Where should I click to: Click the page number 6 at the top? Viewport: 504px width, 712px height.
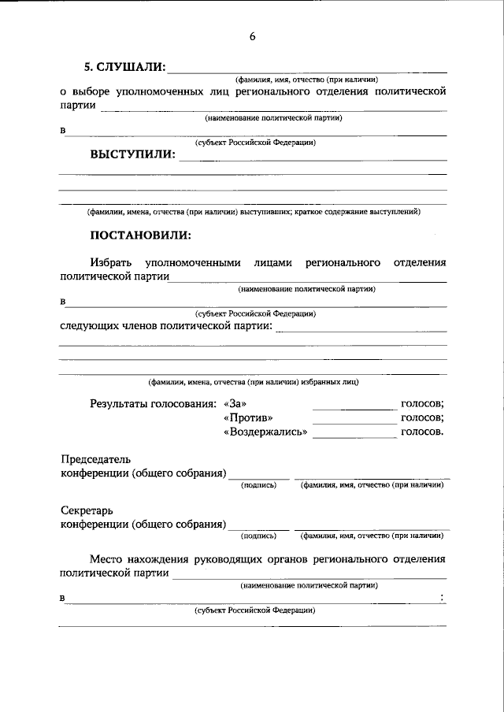coord(252,36)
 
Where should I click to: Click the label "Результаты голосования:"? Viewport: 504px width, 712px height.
coord(153,403)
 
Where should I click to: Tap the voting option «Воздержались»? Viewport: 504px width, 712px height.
coord(265,432)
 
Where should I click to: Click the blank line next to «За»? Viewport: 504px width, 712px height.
coord(354,408)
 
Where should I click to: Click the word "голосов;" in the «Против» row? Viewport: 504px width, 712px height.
coord(422,417)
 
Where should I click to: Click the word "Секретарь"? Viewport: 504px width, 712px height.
coord(85,510)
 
